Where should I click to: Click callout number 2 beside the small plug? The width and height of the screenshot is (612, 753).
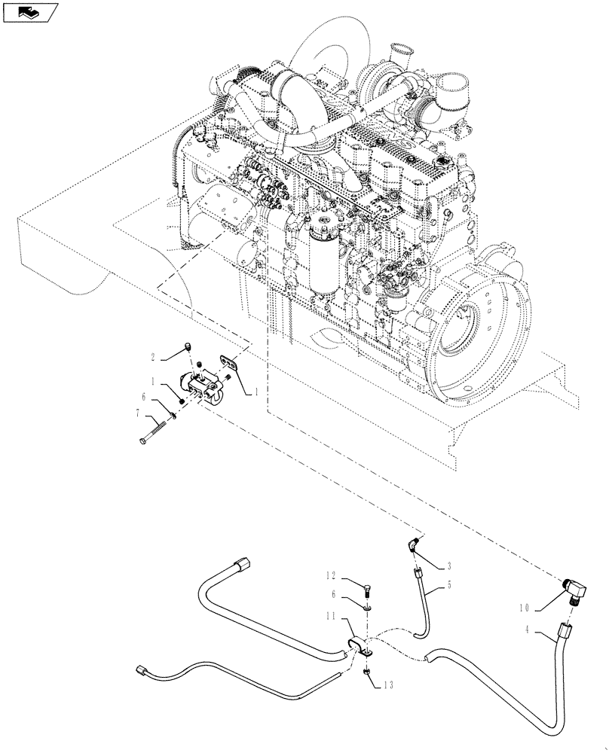pos(153,356)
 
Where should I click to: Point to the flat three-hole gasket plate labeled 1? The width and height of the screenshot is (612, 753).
pos(229,364)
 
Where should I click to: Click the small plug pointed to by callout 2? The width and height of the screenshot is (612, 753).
pos(188,347)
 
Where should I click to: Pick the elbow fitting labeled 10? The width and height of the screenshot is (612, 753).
pos(574,590)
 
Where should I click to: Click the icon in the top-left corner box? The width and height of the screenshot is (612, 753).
pos(30,12)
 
